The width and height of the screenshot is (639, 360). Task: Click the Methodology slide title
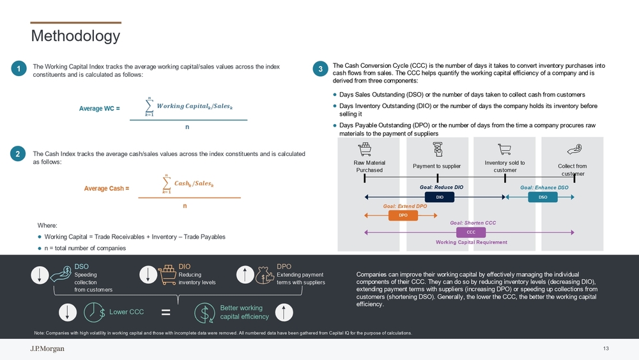click(x=75, y=36)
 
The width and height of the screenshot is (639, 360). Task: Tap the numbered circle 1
click(x=19, y=68)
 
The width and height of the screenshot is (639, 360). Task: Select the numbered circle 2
click(x=17, y=153)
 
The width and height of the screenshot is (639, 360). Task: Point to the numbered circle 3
click(x=320, y=68)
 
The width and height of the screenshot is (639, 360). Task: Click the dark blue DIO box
click(x=440, y=197)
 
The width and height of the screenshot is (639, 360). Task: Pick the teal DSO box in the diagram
click(x=543, y=197)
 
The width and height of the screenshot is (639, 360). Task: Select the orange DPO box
click(x=403, y=215)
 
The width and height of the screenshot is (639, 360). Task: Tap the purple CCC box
click(x=471, y=232)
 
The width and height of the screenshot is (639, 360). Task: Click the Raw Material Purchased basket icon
click(x=365, y=149)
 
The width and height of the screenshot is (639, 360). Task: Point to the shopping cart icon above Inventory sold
click(x=505, y=149)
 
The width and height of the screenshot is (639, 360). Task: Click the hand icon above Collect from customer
click(x=574, y=149)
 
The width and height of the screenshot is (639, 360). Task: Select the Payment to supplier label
click(x=437, y=166)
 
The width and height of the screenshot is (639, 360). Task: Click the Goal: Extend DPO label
click(x=405, y=207)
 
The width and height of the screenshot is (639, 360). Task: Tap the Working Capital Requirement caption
click(x=472, y=242)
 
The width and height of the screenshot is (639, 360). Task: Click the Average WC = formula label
click(x=100, y=109)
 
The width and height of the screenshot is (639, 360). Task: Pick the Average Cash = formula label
click(x=106, y=189)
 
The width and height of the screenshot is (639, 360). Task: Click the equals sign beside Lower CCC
click(x=166, y=312)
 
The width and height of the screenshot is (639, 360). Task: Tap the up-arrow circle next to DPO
click(x=245, y=275)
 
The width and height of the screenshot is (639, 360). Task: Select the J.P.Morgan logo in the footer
click(x=47, y=348)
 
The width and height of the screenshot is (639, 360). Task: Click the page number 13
click(x=606, y=348)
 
